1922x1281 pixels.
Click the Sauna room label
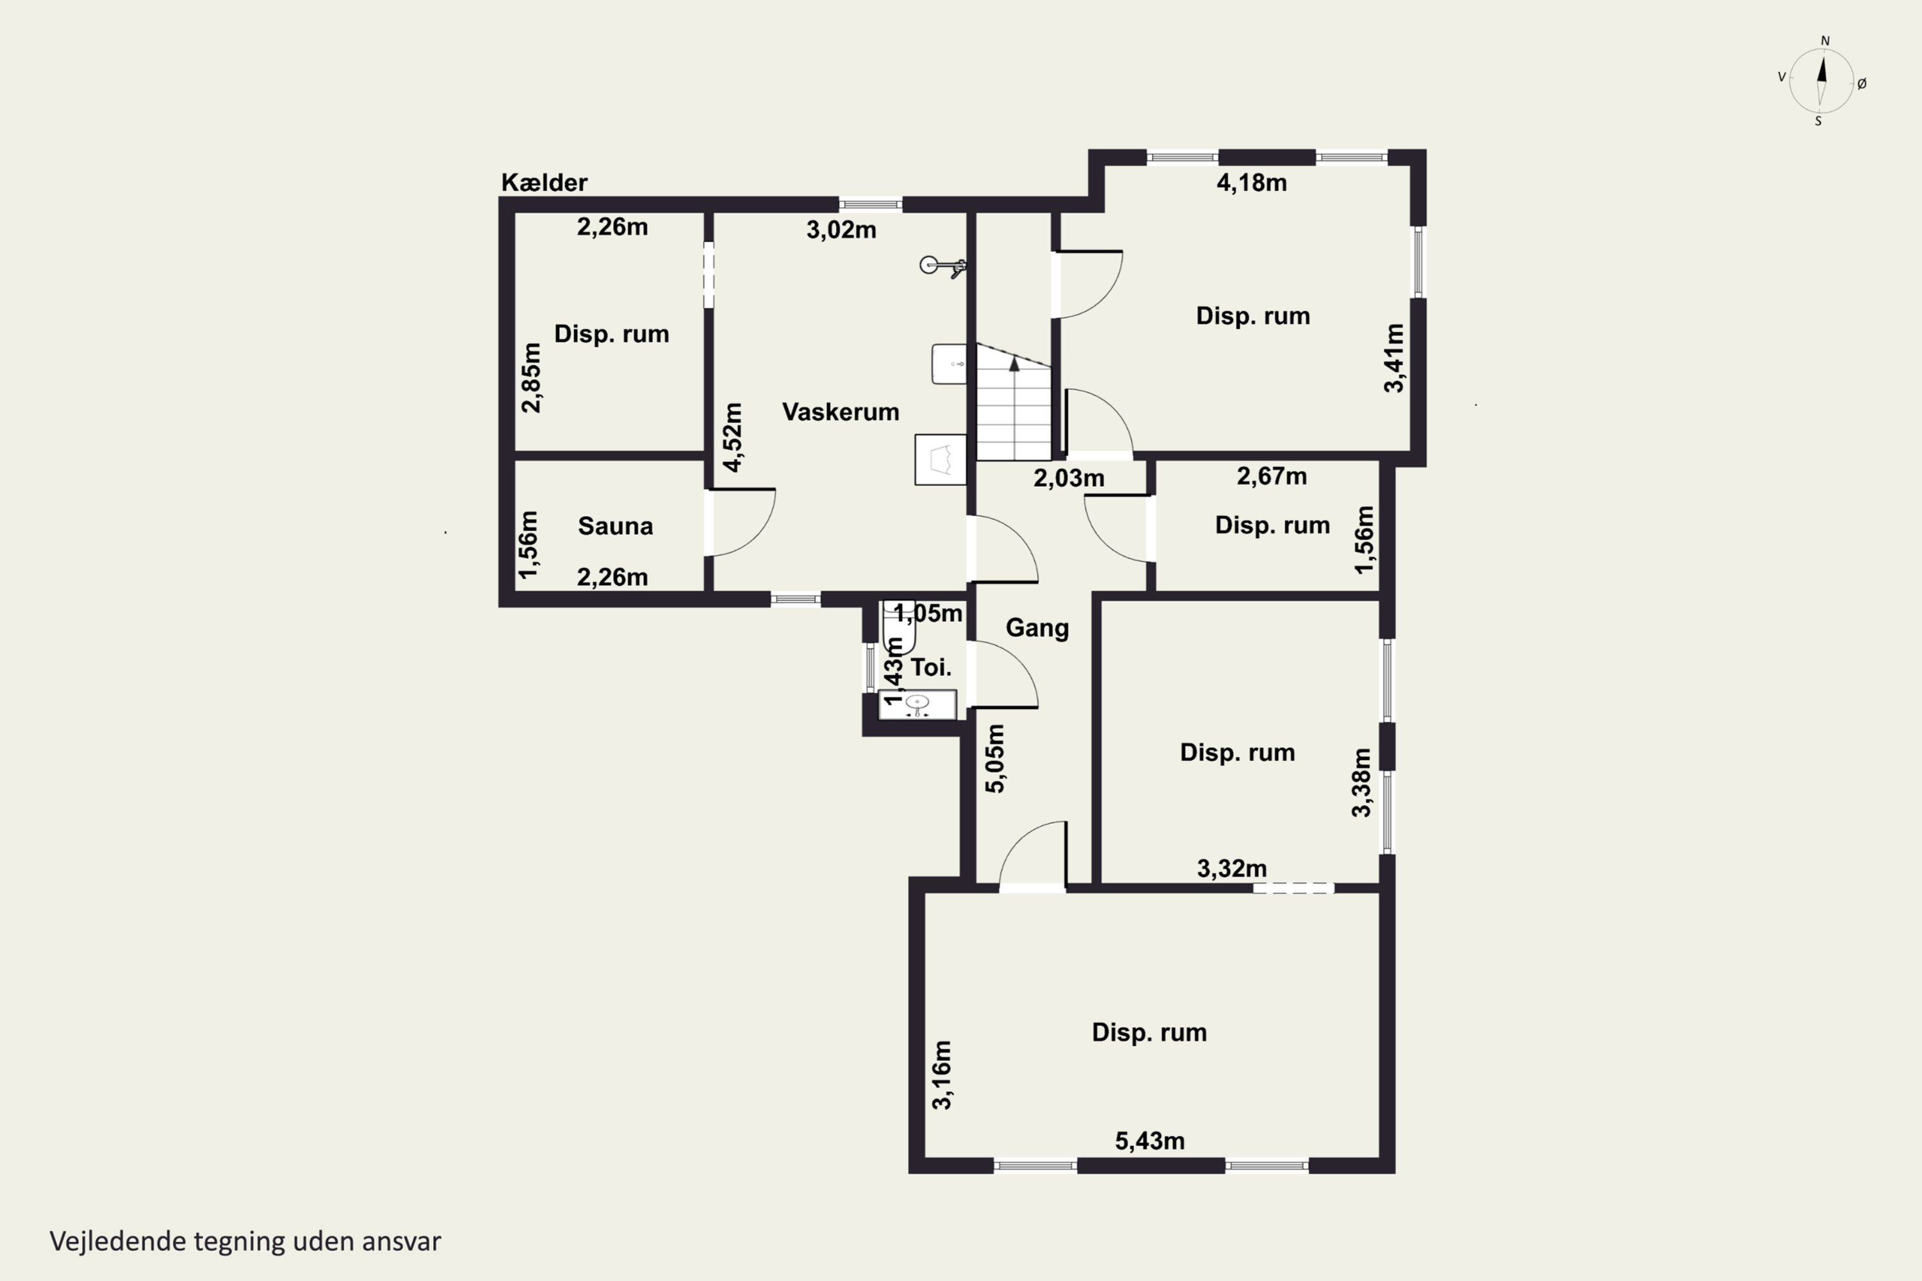point(615,526)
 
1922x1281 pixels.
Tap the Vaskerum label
point(840,412)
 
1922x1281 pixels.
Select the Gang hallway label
point(1037,628)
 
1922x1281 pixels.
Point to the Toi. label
point(931,667)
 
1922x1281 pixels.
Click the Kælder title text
point(544,182)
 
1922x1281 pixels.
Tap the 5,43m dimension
point(1150,1141)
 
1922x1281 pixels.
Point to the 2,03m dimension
point(1069,478)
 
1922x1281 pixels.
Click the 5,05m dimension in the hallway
point(996,758)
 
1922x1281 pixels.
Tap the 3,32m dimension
point(1231,869)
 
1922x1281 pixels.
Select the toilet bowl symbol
point(898,626)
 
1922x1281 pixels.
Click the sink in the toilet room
point(917,704)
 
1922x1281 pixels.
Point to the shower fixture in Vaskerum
point(943,266)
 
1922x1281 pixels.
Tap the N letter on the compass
point(1825,41)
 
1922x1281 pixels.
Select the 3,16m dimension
point(942,1075)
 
